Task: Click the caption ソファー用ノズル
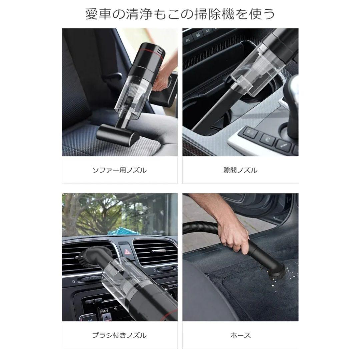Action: click(x=119, y=170)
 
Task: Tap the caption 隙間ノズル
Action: click(x=240, y=170)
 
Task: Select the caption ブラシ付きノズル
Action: click(x=119, y=335)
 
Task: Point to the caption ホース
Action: click(x=240, y=335)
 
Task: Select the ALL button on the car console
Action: click(x=188, y=40)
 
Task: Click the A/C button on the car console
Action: click(x=208, y=32)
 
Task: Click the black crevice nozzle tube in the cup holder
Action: click(x=213, y=107)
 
